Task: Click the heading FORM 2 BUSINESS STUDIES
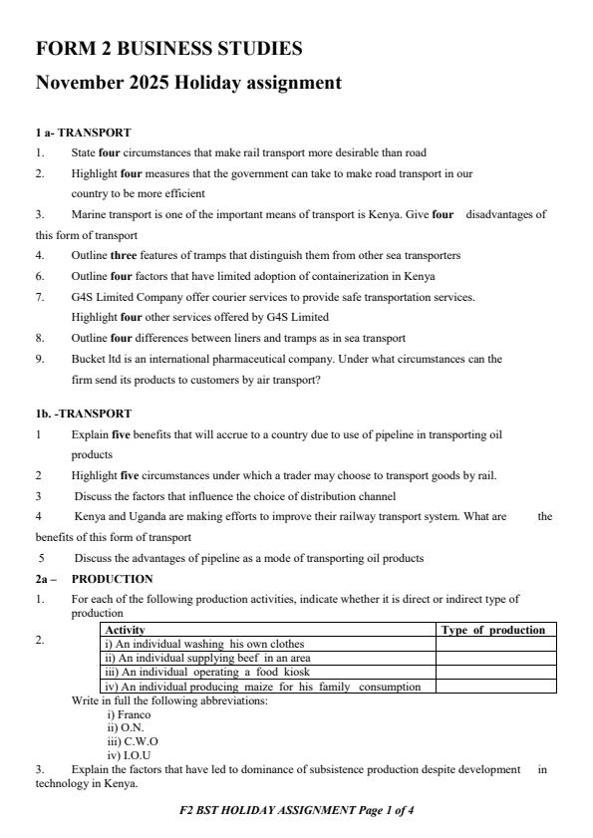(x=168, y=48)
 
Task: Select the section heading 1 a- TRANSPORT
(x=83, y=132)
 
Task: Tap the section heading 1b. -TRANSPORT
(x=83, y=413)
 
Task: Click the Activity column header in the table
(x=125, y=630)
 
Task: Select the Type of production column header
(x=493, y=630)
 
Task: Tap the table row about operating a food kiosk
(x=200, y=672)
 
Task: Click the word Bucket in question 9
(x=87, y=358)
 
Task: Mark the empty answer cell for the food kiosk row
(x=495, y=672)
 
